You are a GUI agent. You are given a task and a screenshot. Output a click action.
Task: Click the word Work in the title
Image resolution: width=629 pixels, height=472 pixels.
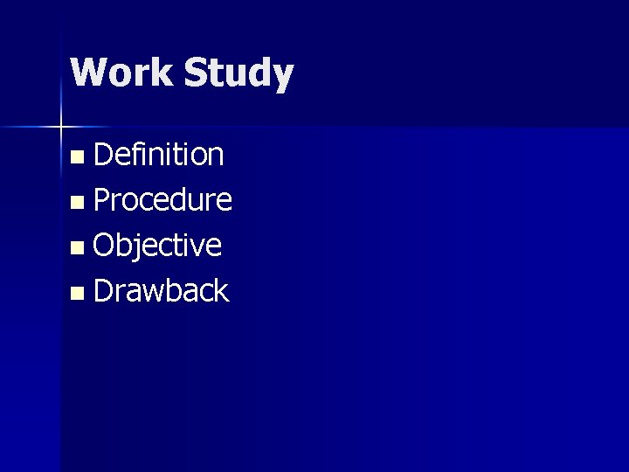(121, 73)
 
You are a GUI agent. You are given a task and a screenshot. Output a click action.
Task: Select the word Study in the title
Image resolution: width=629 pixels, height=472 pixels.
(238, 74)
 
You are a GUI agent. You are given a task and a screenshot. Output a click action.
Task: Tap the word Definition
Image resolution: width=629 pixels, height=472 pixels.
(159, 155)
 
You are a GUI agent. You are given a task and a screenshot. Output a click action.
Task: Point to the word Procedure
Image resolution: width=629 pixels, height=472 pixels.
(162, 201)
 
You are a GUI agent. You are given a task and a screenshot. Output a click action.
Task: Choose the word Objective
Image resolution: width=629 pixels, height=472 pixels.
(157, 246)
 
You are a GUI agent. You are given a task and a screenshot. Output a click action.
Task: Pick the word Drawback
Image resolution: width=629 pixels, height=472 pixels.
(161, 290)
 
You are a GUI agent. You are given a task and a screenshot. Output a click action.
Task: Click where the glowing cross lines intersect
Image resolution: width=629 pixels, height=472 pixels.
(61, 128)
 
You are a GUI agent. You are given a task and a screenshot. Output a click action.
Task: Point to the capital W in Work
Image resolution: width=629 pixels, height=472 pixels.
(90, 73)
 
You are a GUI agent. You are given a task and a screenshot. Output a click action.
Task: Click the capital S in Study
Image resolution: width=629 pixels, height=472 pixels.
(197, 73)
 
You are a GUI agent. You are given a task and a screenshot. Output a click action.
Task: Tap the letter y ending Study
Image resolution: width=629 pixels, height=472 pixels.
(282, 78)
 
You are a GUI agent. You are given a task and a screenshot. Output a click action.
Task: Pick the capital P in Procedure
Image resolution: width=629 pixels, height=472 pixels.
(102, 200)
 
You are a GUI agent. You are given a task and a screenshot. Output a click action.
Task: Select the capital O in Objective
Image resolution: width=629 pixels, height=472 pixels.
(105, 246)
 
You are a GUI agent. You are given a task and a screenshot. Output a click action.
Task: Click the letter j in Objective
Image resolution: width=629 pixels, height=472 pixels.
(141, 247)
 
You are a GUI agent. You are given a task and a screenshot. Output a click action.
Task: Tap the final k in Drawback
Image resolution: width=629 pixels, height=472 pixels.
(221, 290)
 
